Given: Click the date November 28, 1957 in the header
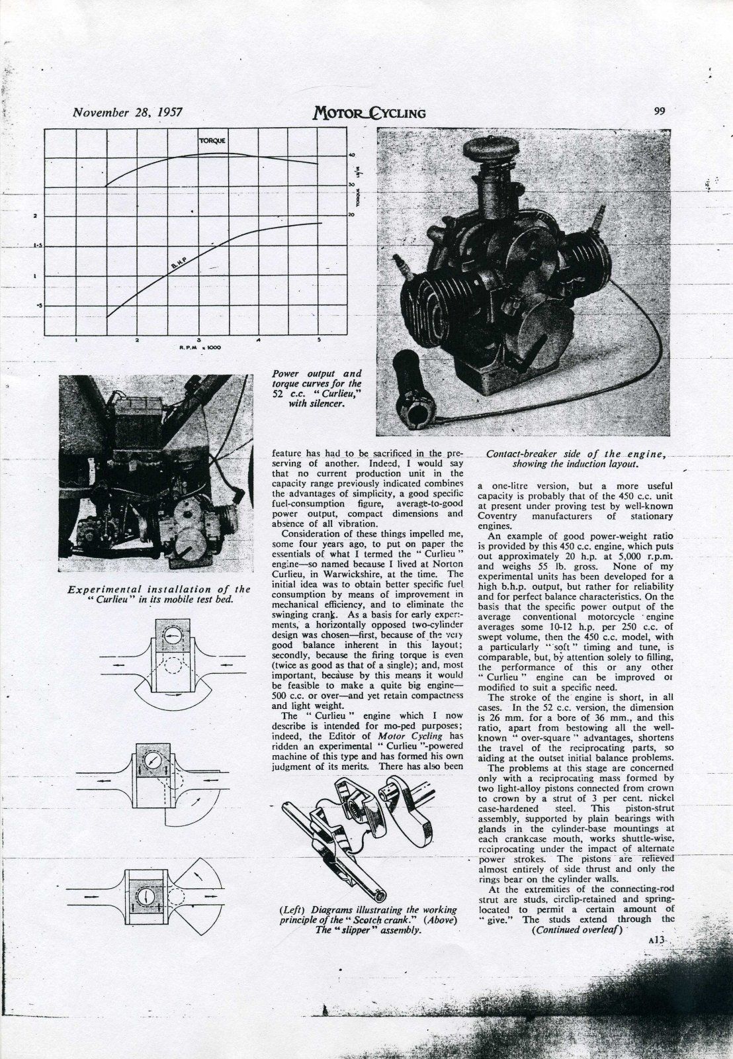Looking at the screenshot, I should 126,112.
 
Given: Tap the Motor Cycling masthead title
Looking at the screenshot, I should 369,113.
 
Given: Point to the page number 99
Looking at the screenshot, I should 659,111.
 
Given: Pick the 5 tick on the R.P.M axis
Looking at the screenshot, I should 320,340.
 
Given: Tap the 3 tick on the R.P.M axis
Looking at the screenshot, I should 198,340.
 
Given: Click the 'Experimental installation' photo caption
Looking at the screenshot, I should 159,594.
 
